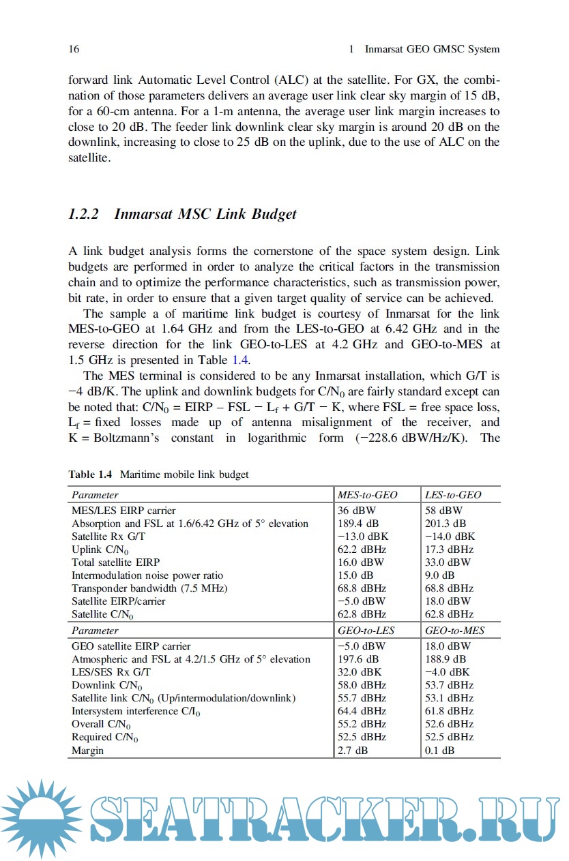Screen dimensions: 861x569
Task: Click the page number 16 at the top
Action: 74,49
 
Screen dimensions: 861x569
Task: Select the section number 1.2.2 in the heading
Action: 84,214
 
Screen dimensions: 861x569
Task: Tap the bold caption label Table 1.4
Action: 91,474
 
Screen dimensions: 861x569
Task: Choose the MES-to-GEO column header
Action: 367,495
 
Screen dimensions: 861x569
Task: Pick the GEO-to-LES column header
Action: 366,631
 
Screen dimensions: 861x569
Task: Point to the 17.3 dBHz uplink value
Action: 449,549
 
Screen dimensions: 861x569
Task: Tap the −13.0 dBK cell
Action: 362,537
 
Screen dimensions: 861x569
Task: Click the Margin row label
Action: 88,750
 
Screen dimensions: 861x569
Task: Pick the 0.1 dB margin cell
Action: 439,750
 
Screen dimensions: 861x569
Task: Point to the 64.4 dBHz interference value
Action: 362,711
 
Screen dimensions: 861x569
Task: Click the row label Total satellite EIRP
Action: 116,562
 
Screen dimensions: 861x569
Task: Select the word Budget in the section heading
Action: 274,214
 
